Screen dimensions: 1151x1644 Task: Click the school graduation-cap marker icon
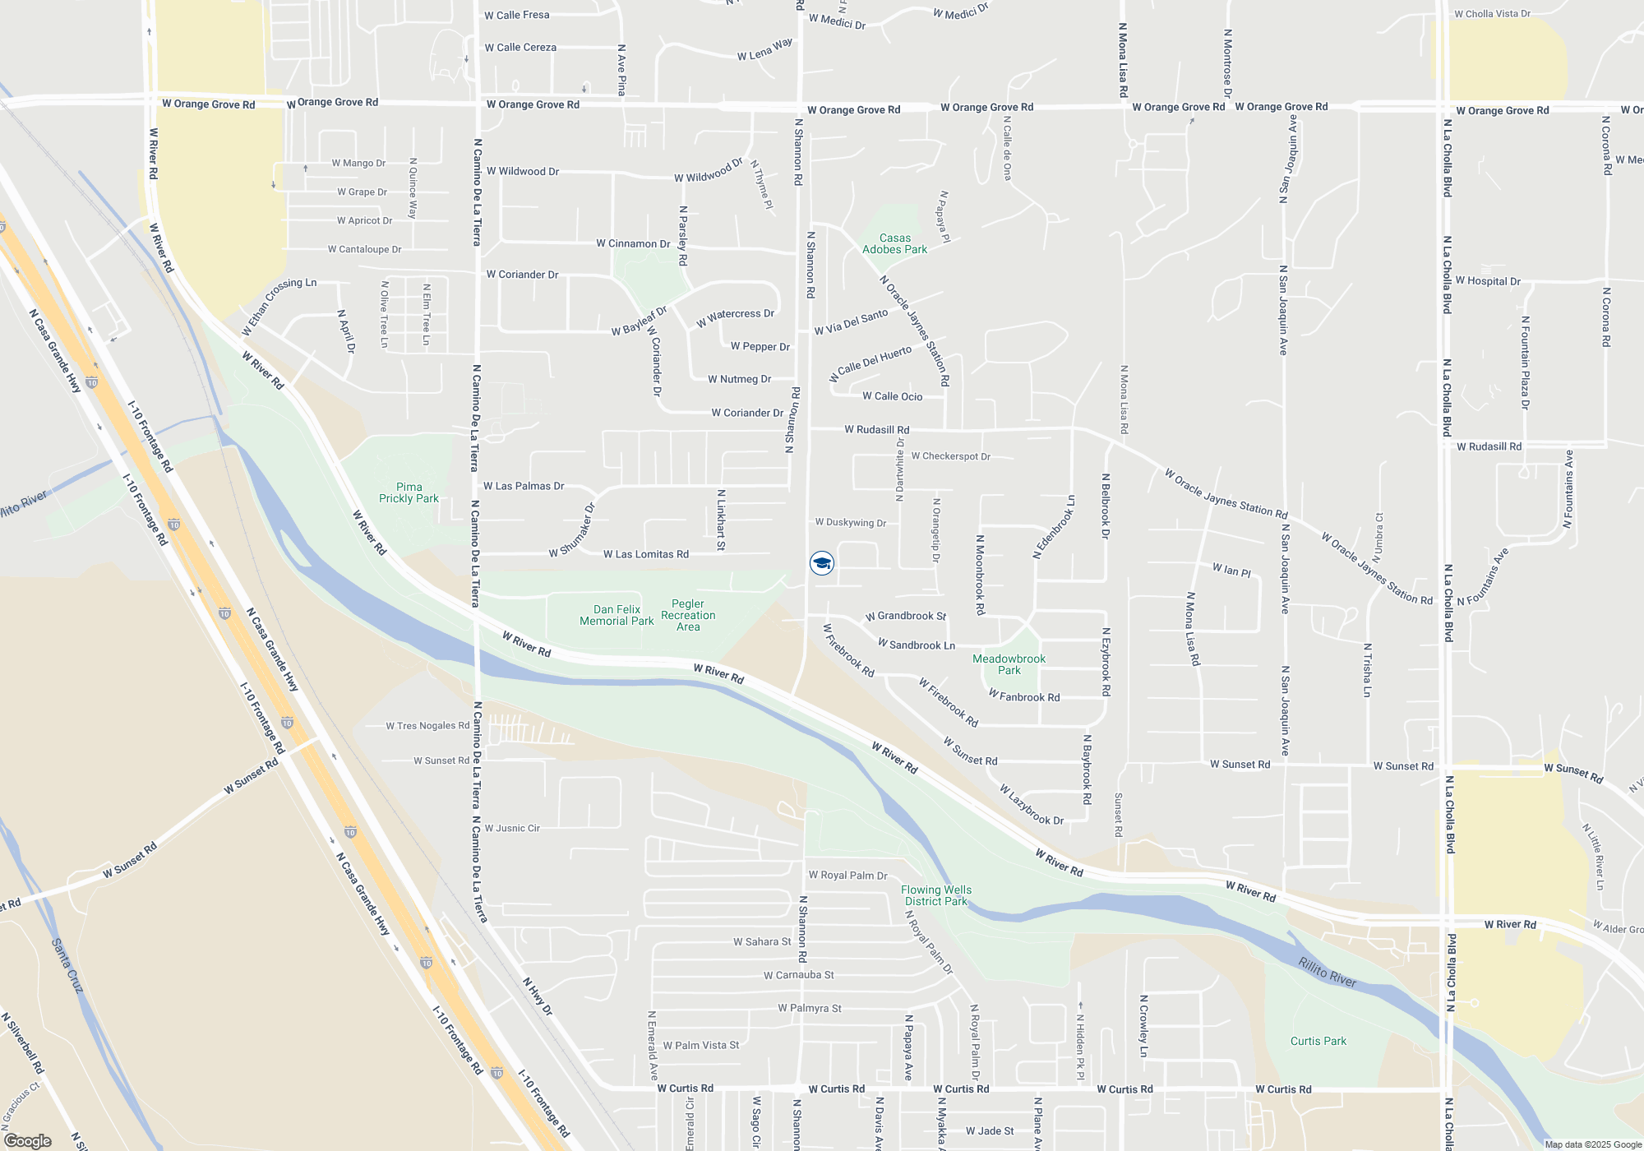tap(822, 563)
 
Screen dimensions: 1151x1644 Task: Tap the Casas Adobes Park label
tap(894, 244)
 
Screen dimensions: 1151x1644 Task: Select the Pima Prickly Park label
tap(409, 492)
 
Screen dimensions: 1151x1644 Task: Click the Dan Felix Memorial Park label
tap(616, 615)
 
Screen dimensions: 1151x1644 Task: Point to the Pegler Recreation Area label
tap(688, 615)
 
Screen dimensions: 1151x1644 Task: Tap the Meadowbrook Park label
tap(1009, 664)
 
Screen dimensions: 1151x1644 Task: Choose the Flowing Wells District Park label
tap(935, 895)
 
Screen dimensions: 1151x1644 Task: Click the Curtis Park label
tap(1318, 1041)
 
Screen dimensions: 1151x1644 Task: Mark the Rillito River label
tap(1328, 972)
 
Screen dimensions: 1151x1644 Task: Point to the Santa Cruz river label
tap(67, 965)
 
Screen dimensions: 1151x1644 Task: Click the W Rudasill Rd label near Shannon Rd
tap(876, 430)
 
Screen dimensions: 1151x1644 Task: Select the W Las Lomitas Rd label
tap(646, 555)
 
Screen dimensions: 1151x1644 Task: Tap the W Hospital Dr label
tap(1488, 281)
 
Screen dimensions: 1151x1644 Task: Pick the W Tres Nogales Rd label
tap(427, 726)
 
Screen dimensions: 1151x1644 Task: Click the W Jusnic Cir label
tap(512, 829)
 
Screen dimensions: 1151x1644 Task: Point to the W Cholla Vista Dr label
tap(1492, 14)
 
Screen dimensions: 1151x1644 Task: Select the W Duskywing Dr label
tap(850, 523)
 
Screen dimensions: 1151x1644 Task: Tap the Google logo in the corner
tap(28, 1141)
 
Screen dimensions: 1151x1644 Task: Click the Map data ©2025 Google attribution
tap(1593, 1144)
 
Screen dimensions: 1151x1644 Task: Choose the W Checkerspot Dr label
tap(950, 456)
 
